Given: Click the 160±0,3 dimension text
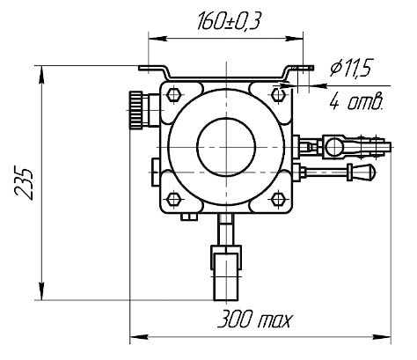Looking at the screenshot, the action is (x=229, y=22).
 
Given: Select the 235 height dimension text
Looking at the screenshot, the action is (x=24, y=184).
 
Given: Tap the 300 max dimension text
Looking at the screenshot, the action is (x=255, y=320).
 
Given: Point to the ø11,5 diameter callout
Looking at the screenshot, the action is (x=351, y=68).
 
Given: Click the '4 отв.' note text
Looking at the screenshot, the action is (x=356, y=102).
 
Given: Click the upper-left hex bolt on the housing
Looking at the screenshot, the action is (x=173, y=94).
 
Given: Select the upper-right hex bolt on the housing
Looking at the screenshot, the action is (x=278, y=94).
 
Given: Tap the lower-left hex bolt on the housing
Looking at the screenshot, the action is (x=173, y=199).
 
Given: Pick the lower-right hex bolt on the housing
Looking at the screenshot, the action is (x=278, y=199).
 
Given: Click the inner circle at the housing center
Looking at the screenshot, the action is (x=226, y=147).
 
